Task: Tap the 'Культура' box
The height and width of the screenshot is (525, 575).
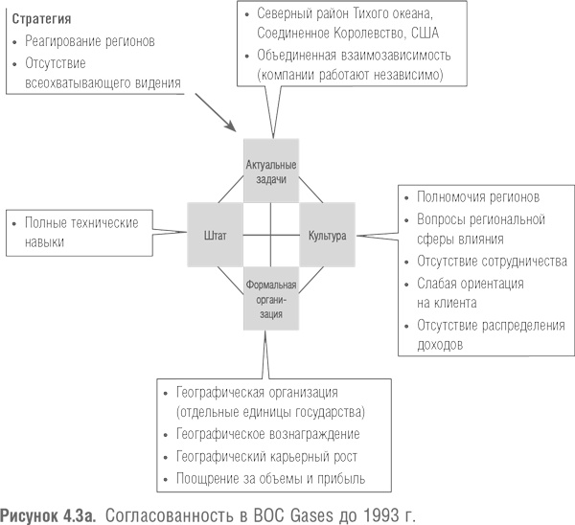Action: [327, 234]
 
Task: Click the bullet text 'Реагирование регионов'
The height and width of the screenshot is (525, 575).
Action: [91, 42]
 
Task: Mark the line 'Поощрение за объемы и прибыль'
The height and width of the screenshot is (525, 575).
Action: [271, 478]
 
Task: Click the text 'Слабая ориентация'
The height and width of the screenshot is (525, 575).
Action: [471, 284]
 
